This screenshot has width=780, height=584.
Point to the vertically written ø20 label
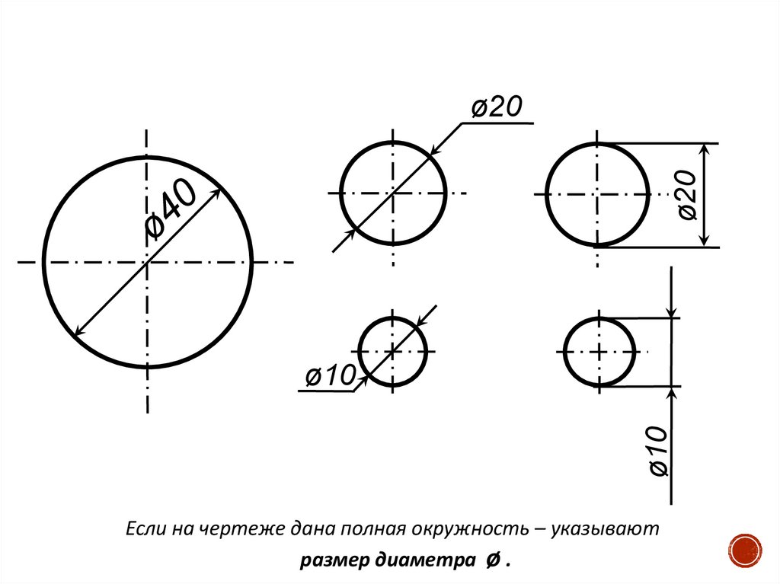pos(688,196)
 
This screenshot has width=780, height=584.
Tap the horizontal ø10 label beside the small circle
pos(331,375)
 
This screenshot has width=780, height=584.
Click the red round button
pos(746,550)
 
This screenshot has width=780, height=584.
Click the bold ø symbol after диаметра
pos(492,561)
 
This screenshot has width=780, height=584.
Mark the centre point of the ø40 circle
pos(147,263)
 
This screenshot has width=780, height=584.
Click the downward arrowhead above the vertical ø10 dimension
pos(671,311)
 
